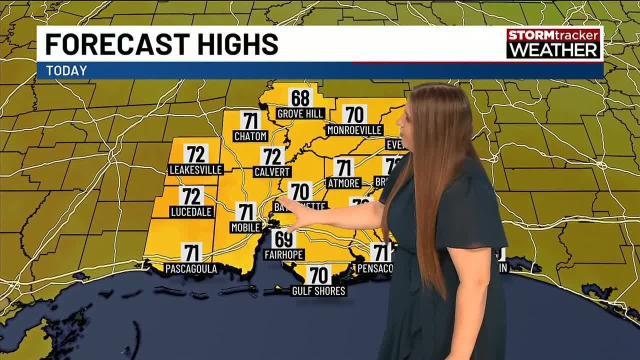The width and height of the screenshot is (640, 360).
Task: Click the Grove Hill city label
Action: [300, 114]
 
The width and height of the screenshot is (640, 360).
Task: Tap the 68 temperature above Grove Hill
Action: [300, 97]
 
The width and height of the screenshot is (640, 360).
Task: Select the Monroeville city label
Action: [354, 130]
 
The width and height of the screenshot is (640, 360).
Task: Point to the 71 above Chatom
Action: [250, 120]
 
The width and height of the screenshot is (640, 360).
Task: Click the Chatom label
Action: [250, 136]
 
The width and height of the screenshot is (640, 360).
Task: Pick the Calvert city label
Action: [272, 172]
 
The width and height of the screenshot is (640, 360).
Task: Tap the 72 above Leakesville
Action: [195, 154]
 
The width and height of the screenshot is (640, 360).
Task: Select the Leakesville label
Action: [195, 169]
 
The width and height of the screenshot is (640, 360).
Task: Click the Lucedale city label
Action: [192, 211]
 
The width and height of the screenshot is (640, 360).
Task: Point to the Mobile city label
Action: [245, 227]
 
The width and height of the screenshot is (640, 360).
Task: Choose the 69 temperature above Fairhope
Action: [284, 239]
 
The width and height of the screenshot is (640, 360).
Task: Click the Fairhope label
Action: [284, 255]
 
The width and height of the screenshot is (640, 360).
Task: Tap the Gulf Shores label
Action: [319, 290]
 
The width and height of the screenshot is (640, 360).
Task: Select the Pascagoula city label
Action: [191, 269]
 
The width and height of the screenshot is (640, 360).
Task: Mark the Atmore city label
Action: [343, 183]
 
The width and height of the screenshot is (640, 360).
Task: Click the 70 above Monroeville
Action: [354, 114]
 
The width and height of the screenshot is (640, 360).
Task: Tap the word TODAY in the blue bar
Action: [66, 71]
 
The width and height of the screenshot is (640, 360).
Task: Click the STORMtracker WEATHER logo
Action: [553, 43]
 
